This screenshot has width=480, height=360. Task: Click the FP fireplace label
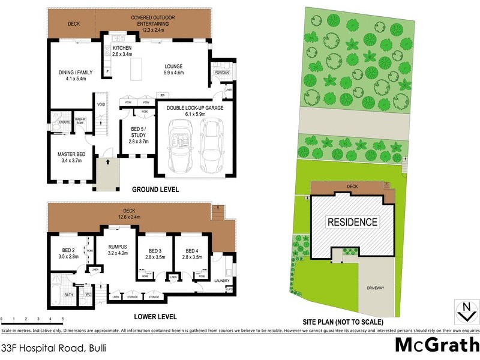click(162, 95)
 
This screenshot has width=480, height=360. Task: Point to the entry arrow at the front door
click(107, 161)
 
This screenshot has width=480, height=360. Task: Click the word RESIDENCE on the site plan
click(352, 222)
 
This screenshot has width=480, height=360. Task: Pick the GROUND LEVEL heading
click(155, 190)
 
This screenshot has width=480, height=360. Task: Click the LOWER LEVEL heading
click(155, 316)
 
